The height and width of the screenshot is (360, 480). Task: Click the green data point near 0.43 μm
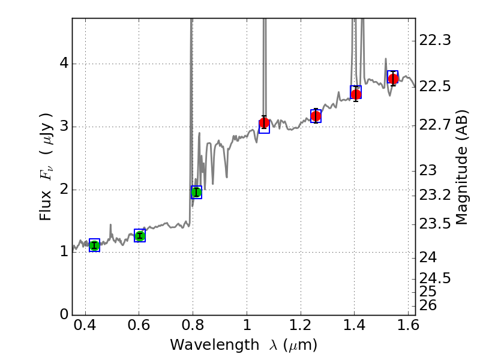point(94,245)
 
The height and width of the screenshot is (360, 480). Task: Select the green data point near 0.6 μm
point(140,236)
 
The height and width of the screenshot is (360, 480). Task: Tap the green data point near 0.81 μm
point(196,192)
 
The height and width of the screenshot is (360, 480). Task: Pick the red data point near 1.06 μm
point(264,123)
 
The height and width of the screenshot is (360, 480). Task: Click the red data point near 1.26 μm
point(316,116)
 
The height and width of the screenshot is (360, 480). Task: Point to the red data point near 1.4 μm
point(356,94)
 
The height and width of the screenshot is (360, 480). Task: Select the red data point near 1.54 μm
point(393,79)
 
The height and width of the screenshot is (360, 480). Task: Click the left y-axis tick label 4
point(63,64)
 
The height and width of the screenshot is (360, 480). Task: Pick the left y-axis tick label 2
point(63,190)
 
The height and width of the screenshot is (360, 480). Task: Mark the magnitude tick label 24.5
point(435,278)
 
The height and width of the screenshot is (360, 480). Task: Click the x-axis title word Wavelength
point(205,345)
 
